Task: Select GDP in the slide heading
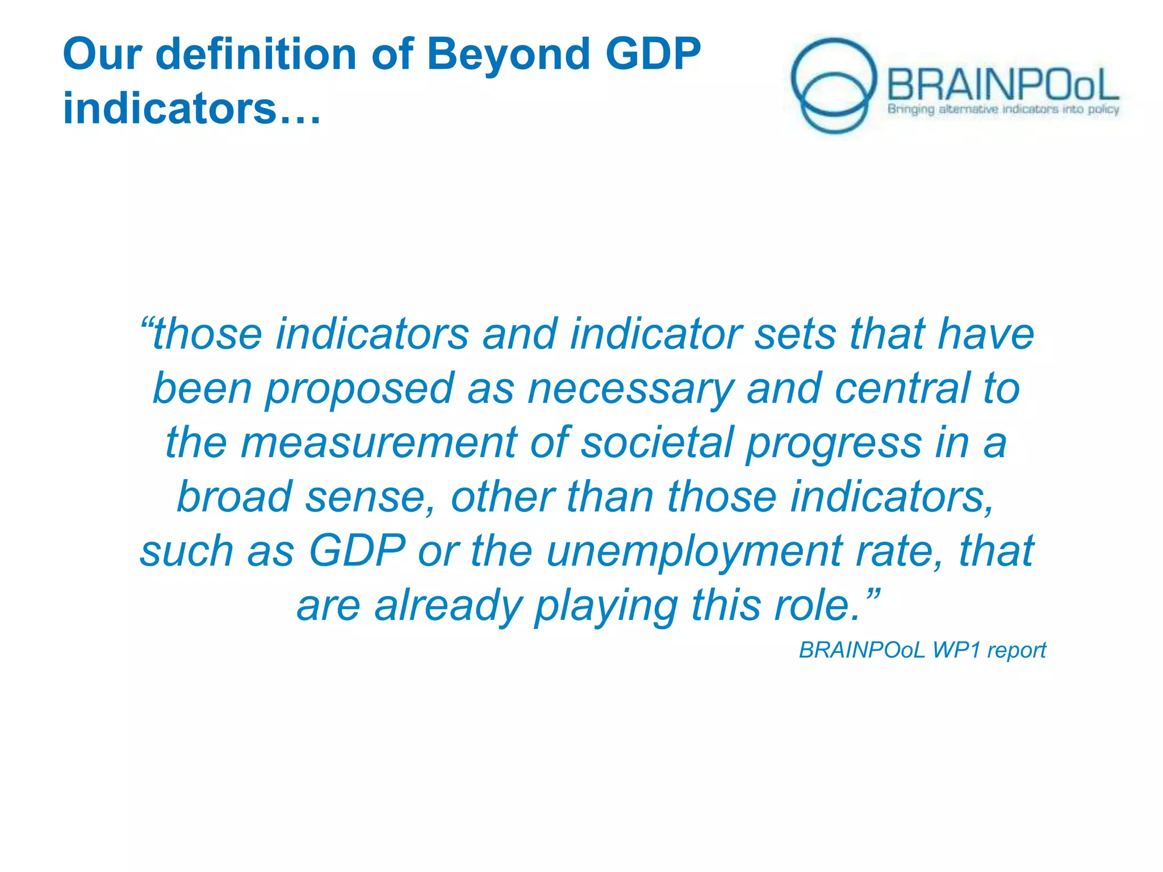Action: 652,54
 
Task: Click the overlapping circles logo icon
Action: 833,85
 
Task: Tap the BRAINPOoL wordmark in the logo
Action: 1003,85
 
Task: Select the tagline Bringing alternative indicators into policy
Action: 1003,109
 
